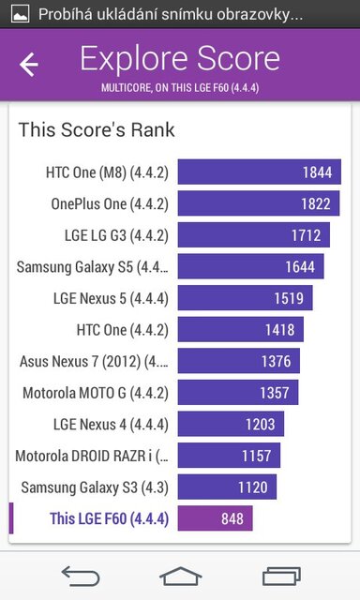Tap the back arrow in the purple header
29,65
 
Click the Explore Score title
180,59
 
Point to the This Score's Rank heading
97,129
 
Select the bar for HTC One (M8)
259,172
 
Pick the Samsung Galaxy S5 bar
250,267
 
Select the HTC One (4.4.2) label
122,330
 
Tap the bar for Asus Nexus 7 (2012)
239,362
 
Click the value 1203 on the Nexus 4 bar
261,425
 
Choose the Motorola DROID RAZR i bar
229,456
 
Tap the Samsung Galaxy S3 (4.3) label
95,487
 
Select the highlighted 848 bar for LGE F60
215,518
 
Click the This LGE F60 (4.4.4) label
109,518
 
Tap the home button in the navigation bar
180,574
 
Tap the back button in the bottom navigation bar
80,574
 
